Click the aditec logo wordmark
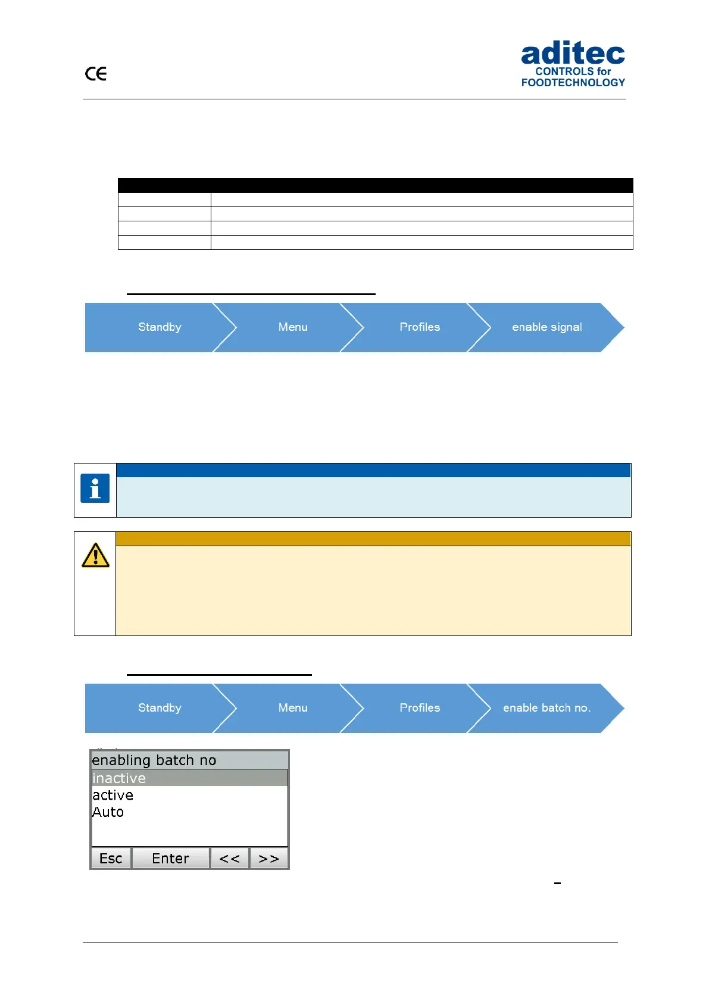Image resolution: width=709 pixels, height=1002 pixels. tap(573, 55)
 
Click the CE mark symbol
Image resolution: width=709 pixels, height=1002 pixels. tap(96, 74)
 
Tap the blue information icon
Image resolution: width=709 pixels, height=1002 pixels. tap(95, 489)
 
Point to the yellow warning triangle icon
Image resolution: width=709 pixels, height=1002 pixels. tap(95, 556)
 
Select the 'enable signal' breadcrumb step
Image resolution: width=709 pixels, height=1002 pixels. tap(546, 327)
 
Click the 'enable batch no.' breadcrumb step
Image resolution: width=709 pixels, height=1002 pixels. tap(546, 708)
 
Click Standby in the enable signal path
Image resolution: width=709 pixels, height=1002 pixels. tap(160, 327)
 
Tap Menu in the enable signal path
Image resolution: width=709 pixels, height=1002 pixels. tap(293, 327)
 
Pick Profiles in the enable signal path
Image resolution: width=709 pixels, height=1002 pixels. tap(420, 327)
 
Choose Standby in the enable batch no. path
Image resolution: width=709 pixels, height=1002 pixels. tap(160, 708)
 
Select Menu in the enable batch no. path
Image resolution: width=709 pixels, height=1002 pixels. tap(293, 708)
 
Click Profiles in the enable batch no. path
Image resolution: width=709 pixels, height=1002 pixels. tap(420, 708)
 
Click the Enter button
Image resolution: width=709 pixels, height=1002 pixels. tap(170, 859)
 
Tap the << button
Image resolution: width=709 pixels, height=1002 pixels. tap(230, 859)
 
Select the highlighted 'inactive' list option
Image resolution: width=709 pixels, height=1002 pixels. tap(120, 778)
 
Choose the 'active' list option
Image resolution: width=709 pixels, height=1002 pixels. tap(113, 796)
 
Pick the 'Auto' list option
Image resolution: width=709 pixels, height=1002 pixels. tap(108, 812)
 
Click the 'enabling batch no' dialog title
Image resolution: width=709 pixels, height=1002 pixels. tap(154, 760)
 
